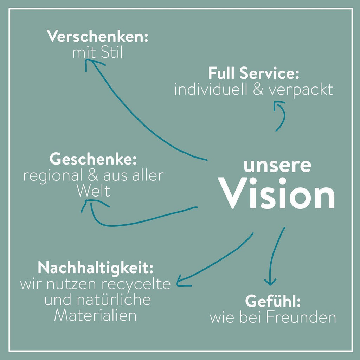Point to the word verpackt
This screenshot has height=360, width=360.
(x=301, y=90)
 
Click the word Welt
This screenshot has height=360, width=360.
(x=94, y=191)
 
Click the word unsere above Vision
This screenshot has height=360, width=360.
(x=277, y=166)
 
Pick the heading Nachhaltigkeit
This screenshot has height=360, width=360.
(x=95, y=268)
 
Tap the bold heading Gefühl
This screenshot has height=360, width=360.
(x=273, y=301)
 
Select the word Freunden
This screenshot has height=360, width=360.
(x=301, y=318)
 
